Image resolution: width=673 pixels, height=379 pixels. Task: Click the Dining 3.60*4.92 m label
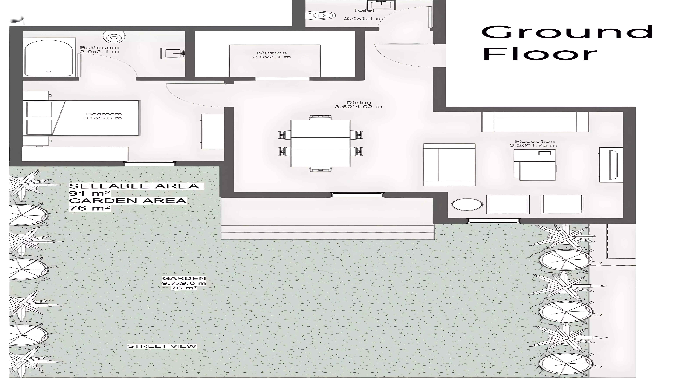(x=358, y=105)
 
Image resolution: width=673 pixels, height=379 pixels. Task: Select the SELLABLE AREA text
(x=134, y=186)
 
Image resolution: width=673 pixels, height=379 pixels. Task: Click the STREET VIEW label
(x=162, y=346)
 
